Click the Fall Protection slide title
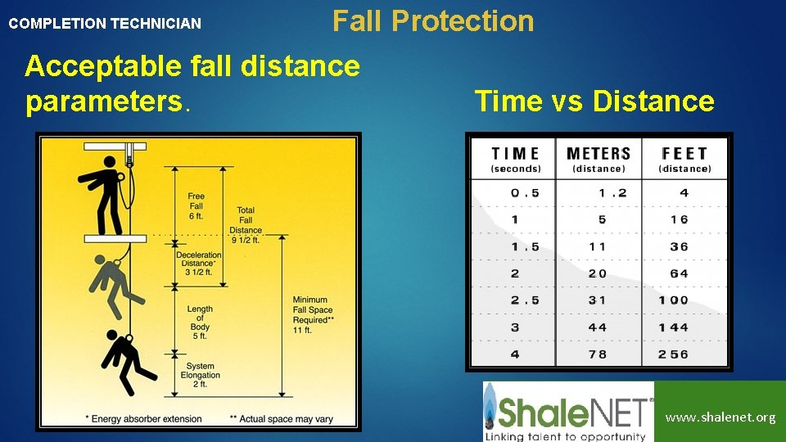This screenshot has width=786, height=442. [x=432, y=20]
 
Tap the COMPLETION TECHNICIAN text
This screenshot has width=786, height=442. [x=104, y=24]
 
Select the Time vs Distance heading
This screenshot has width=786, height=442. [x=594, y=101]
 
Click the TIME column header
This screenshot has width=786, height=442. [x=515, y=159]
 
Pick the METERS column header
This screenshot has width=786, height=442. [x=598, y=159]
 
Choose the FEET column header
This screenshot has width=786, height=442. [x=684, y=159]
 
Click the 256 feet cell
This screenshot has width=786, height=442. [x=673, y=354]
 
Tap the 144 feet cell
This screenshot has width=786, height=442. [x=673, y=327]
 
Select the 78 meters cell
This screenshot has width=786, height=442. [x=597, y=354]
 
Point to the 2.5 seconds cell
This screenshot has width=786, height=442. [x=525, y=300]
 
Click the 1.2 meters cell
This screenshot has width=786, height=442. [x=612, y=193]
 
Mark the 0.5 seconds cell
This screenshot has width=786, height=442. [x=525, y=193]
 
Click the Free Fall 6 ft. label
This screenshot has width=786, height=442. [x=196, y=206]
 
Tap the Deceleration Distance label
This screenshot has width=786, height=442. [x=198, y=264]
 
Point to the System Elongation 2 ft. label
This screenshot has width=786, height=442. [x=200, y=376]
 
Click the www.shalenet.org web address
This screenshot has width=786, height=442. [x=720, y=417]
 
